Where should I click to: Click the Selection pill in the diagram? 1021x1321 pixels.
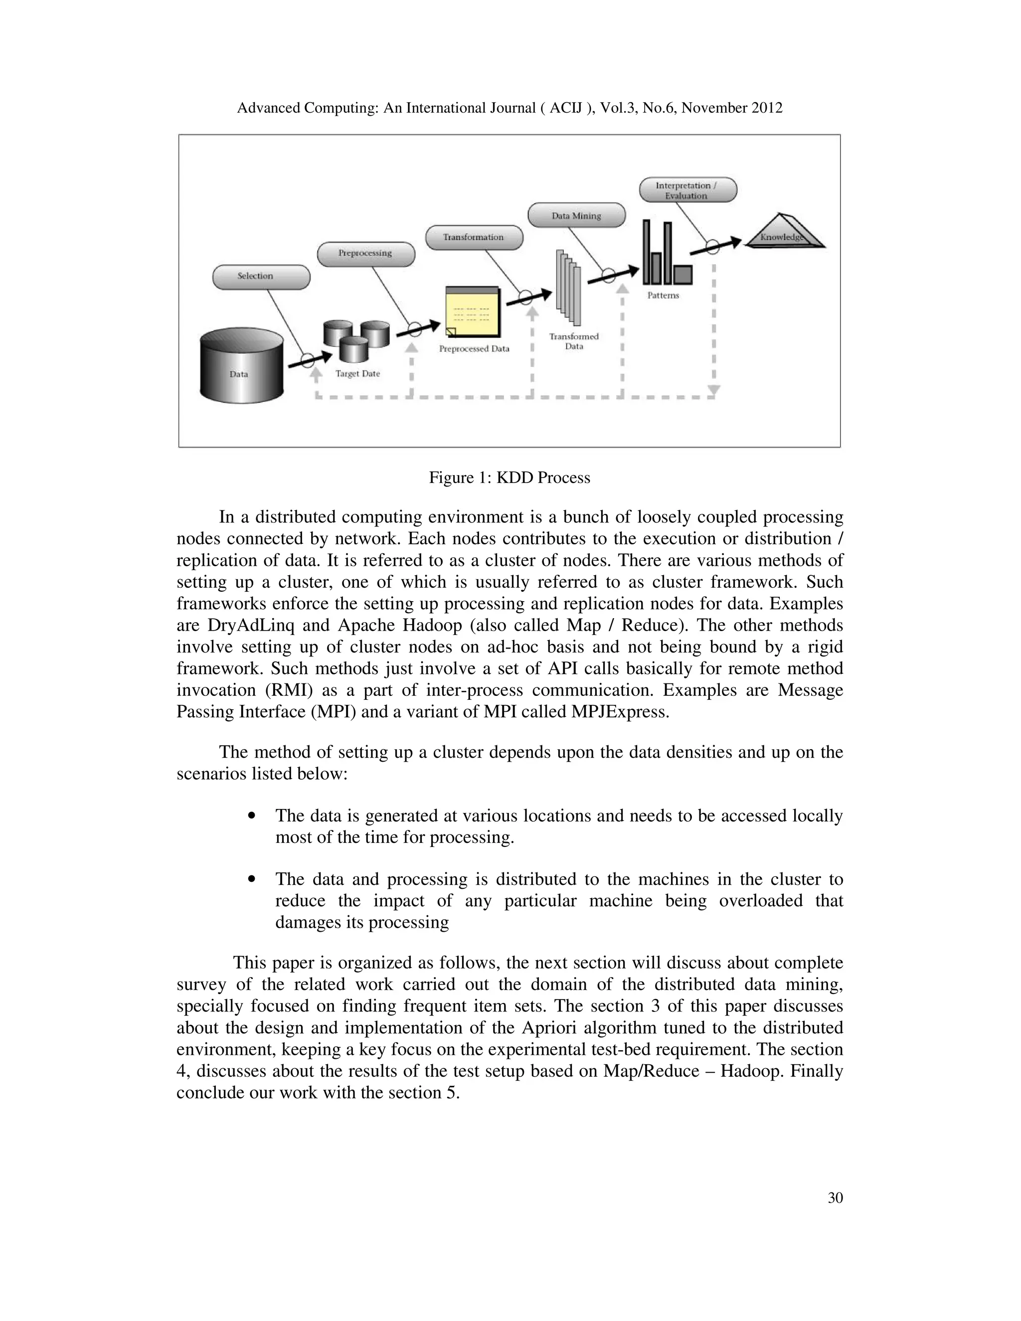coord(261,277)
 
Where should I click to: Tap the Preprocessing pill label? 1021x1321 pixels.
coord(366,253)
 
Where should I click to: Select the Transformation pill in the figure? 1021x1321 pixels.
coord(474,237)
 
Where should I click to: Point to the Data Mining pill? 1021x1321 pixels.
coord(576,215)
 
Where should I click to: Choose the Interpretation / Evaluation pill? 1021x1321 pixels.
coord(687,190)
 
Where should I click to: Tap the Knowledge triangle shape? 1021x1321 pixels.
coord(785,235)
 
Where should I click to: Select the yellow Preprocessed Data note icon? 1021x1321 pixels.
coord(473,312)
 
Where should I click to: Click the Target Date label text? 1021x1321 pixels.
coord(357,374)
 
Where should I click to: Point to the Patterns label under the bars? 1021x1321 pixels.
coord(663,296)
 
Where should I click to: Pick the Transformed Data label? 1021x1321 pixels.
coord(573,341)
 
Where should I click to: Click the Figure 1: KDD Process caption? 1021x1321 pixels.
coord(510,478)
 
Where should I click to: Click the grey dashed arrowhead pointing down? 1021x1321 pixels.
coord(714,391)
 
